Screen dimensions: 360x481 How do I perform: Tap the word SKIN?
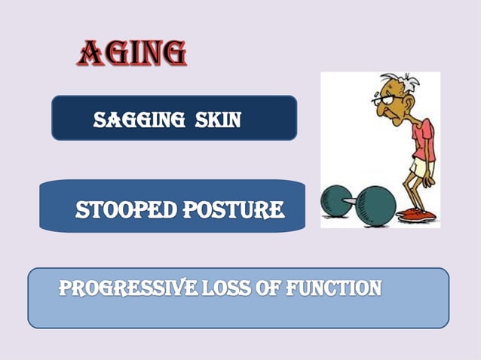click(218, 119)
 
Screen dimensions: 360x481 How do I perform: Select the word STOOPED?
click(124, 209)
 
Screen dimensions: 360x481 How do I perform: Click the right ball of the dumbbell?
click(372, 204)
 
